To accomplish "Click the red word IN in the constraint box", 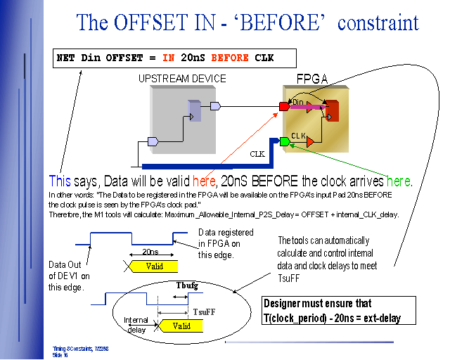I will click(169, 58).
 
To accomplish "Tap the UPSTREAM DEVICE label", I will click(182, 79).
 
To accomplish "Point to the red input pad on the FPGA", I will click(284, 106).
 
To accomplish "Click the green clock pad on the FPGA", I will click(284, 142).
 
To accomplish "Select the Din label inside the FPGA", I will click(297, 103).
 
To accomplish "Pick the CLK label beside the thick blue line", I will click(257, 153).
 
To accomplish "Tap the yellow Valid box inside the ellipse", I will click(181, 326).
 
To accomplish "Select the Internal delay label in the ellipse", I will click(136, 324).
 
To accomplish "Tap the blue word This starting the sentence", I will click(60, 181).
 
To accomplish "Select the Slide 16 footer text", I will click(60, 355).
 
